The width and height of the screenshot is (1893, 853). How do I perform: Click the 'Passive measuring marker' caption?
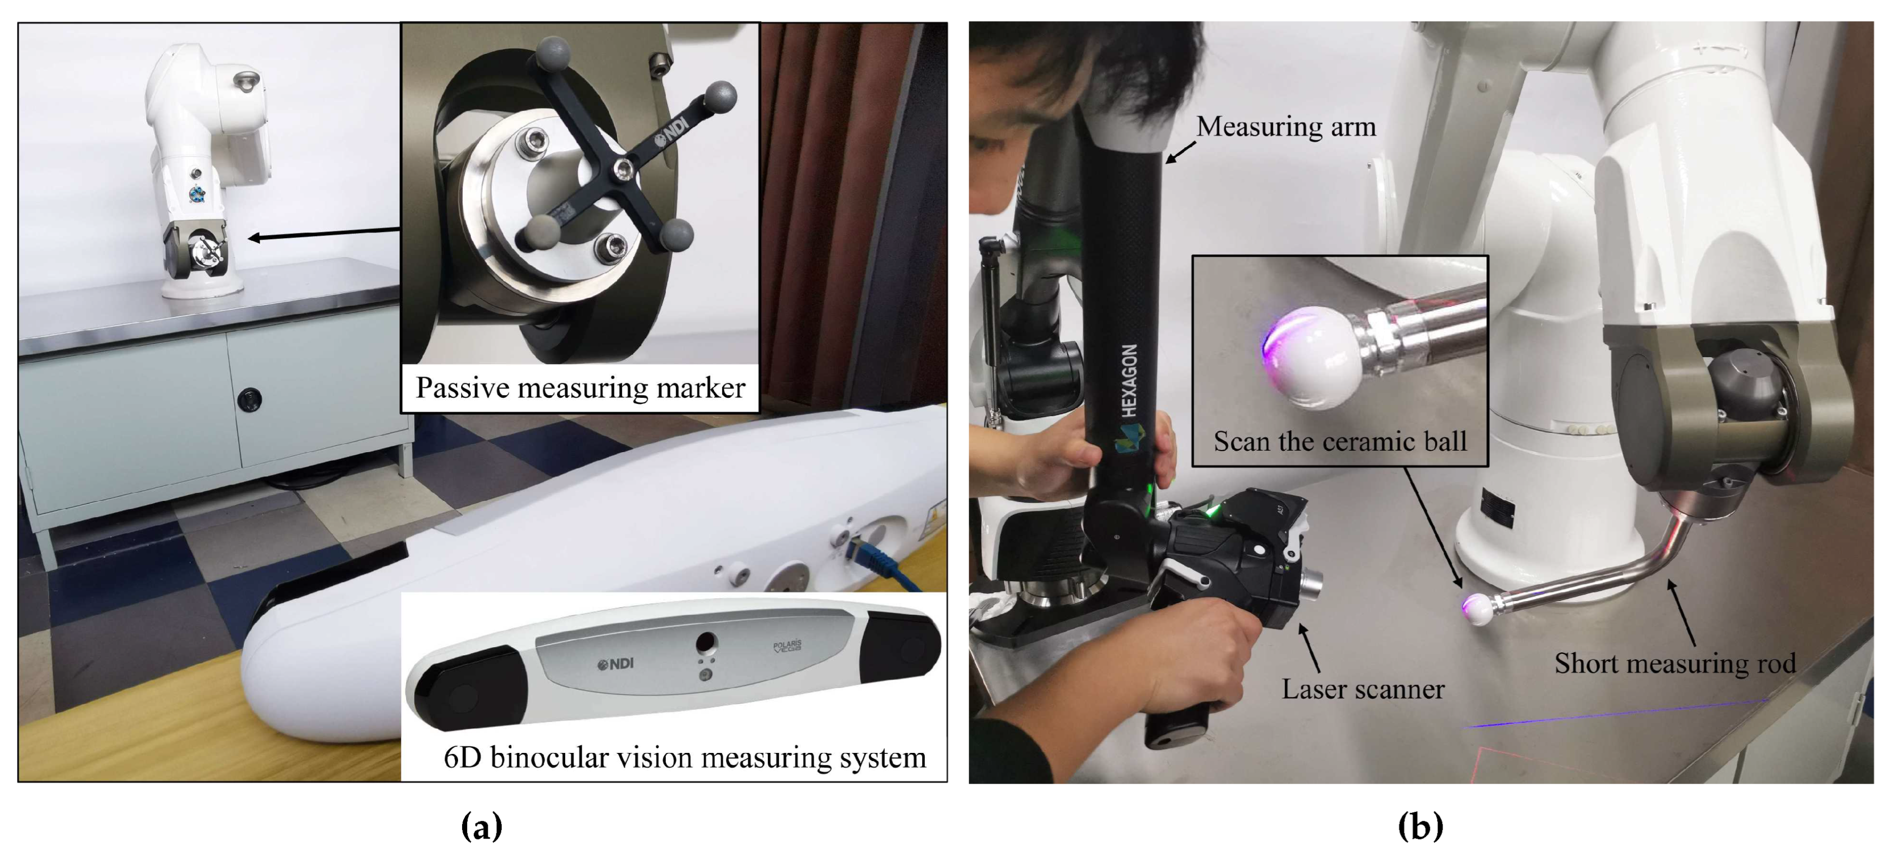(581, 388)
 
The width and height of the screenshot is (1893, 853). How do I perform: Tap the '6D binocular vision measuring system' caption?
(685, 758)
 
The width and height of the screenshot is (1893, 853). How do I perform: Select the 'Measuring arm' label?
(1286, 127)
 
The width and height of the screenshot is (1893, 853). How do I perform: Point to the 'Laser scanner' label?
(1363, 689)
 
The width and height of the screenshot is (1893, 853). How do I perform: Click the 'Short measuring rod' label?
(1675, 663)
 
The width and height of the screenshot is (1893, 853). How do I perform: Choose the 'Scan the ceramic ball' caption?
(1340, 441)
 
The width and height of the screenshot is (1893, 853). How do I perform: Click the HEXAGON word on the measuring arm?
(1129, 380)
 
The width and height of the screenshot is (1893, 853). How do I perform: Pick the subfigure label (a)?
(482, 826)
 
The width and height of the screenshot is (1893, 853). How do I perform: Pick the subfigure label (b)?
(1420, 826)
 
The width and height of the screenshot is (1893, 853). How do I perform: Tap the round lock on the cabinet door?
(250, 399)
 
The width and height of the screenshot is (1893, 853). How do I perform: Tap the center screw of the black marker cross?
(623, 170)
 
